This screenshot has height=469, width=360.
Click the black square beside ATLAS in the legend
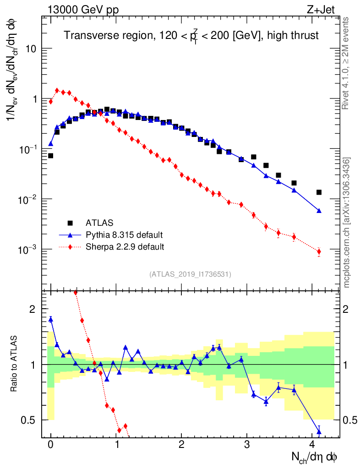71,224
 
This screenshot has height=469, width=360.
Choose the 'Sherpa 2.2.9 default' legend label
125,247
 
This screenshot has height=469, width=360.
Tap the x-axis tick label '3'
247,444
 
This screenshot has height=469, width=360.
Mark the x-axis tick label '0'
51,444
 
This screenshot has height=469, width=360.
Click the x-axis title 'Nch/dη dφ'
315,457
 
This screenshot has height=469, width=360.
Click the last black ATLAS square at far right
319,192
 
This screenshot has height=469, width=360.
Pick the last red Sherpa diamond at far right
319,251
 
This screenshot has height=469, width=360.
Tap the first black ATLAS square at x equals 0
51,156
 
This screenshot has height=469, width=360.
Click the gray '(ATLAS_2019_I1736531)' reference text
190,274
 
